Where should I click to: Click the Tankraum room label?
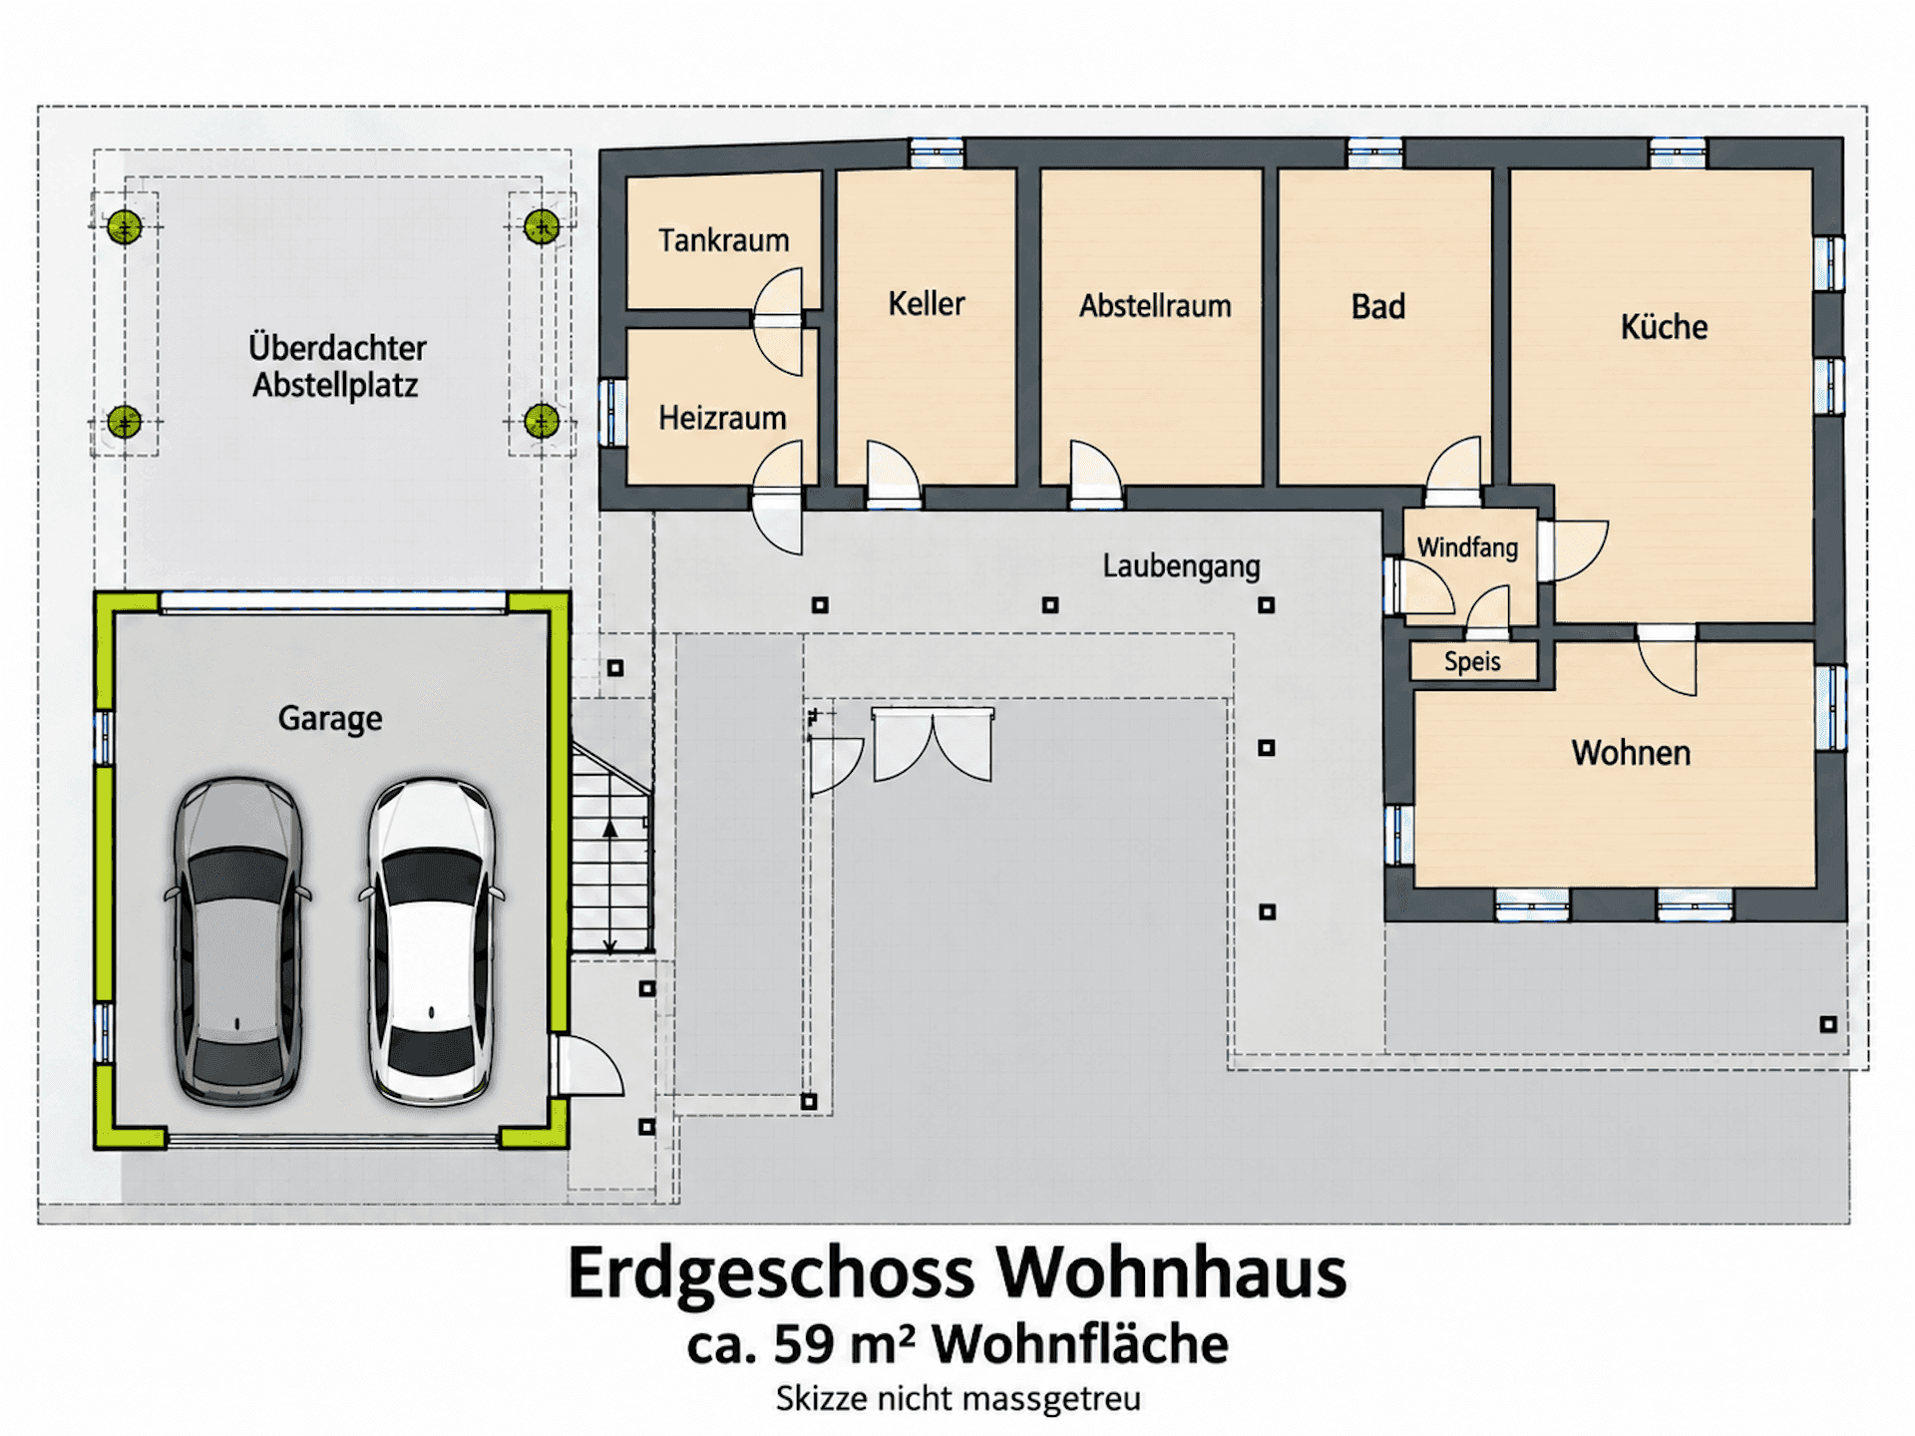[723, 240]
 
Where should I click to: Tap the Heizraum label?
[722, 418]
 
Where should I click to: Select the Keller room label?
[927, 303]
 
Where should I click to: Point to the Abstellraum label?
[1155, 305]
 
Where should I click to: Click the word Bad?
[1378, 306]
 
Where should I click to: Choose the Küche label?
[1664, 326]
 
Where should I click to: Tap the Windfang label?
[1467, 547]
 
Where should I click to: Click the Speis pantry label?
[1472, 661]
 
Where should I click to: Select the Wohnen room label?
[1631, 753]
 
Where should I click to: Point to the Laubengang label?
[1181, 566]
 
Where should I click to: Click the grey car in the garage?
[237, 941]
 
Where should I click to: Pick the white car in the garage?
[432, 941]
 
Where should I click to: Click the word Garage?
[330, 719]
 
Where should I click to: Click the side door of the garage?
[586, 1065]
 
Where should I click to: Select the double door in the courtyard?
[933, 744]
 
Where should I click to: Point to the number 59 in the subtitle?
[804, 1344]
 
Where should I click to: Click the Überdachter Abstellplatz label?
[337, 366]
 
